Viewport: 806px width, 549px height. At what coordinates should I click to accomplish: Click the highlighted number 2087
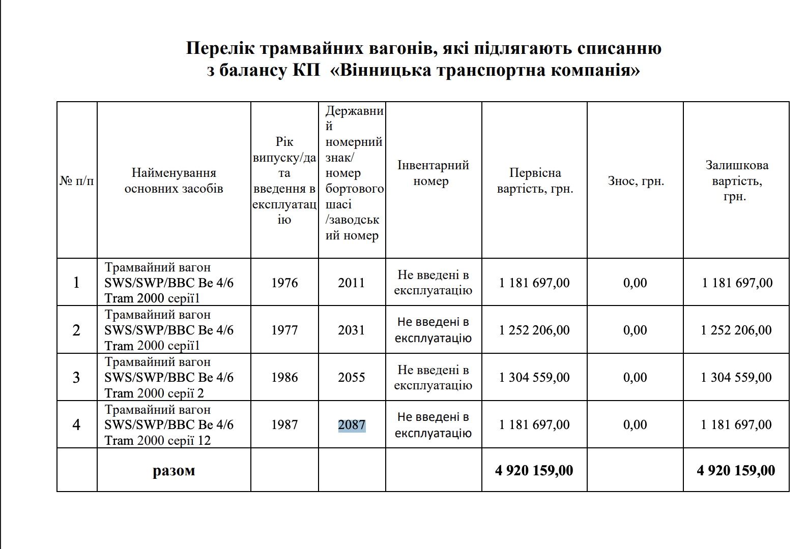tap(352, 425)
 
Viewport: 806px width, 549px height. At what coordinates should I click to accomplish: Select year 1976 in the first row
tap(284, 283)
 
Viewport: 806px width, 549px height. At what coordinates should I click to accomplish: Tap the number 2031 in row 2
tap(352, 330)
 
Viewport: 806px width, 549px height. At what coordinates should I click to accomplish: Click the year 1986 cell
tap(284, 377)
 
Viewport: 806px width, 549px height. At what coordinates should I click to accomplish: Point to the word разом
tap(174, 471)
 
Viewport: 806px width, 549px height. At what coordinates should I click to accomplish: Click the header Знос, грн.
tap(636, 181)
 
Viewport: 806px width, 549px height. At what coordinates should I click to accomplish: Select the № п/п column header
tap(77, 181)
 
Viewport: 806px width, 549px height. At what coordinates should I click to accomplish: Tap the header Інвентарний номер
tap(433, 173)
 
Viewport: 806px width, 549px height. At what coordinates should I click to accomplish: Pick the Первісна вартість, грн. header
tap(535, 180)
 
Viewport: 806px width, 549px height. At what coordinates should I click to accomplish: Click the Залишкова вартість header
tap(736, 180)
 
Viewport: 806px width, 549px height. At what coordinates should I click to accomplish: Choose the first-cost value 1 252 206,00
tap(534, 330)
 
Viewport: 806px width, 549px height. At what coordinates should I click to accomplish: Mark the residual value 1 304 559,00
tap(736, 377)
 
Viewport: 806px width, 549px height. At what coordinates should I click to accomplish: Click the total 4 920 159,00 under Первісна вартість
tap(534, 471)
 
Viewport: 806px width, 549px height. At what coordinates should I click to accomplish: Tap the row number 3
tap(76, 377)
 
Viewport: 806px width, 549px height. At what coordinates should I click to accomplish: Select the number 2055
tap(352, 377)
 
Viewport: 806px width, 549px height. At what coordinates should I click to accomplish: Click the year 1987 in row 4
tap(284, 424)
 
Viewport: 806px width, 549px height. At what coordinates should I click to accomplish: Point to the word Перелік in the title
tap(220, 48)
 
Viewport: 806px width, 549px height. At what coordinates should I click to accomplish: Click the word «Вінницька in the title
tap(382, 70)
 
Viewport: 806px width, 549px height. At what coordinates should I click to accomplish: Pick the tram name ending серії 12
tap(168, 425)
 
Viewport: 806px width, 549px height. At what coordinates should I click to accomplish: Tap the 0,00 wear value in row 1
tap(635, 283)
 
